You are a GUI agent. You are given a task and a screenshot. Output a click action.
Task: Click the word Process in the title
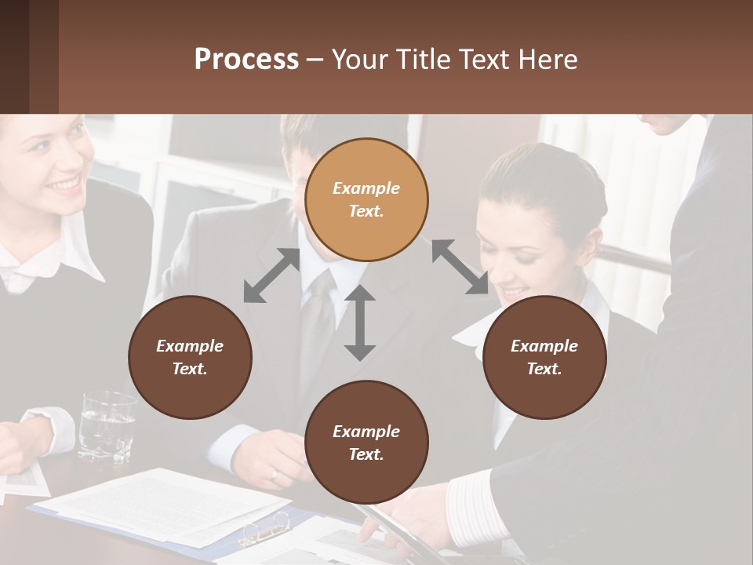point(246,60)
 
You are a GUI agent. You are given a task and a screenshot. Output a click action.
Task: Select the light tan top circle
point(366,199)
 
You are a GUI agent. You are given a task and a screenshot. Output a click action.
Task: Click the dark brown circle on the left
point(190,357)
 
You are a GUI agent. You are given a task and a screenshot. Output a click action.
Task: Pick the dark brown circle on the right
point(544,357)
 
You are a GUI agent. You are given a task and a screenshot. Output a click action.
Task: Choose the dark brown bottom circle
point(366,443)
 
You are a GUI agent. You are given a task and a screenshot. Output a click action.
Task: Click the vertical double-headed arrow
point(360,323)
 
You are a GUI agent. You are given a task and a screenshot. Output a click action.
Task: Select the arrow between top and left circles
point(272,275)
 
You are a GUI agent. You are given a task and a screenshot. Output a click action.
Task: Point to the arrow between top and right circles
point(460,268)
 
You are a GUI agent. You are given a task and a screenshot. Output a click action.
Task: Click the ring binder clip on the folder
point(264,528)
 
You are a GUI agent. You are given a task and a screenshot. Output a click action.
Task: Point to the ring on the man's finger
point(274,476)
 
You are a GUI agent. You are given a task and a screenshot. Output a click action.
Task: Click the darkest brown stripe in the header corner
point(14,56)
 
